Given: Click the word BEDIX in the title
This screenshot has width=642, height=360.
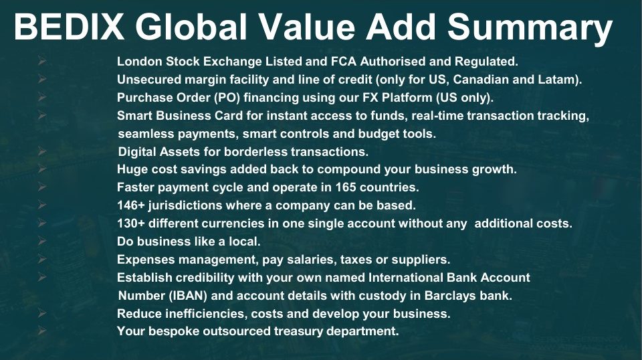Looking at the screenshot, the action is [69, 26].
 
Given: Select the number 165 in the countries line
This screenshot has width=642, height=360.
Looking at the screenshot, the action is [346, 187].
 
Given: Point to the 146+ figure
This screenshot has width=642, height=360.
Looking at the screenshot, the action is [131, 205].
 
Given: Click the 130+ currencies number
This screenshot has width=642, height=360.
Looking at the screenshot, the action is [131, 223].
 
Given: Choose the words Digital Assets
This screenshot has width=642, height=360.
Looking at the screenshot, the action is [159, 152].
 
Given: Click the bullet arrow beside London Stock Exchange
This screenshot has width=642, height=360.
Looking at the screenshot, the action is [42, 62].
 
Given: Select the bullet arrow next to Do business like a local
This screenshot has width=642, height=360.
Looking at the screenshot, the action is [42, 242].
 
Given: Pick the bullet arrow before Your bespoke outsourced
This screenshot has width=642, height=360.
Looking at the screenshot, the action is [42, 330].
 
